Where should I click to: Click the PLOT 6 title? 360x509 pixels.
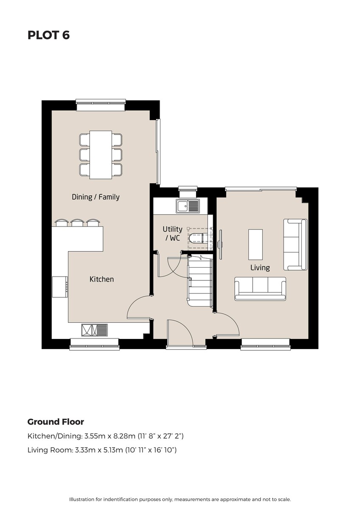(48, 35)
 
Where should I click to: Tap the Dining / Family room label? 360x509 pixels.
(96, 197)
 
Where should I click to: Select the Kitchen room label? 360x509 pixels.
(101, 279)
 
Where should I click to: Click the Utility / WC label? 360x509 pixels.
(172, 233)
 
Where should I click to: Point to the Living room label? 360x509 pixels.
(260, 268)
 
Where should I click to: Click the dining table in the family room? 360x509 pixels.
(101, 155)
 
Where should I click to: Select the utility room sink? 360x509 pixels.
(187, 206)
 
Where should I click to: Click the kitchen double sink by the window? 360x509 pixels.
(95, 330)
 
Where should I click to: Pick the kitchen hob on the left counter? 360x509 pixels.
(60, 287)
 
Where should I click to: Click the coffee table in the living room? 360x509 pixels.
(256, 244)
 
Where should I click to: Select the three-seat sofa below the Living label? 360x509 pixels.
(260, 288)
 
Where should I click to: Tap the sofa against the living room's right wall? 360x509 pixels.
(295, 244)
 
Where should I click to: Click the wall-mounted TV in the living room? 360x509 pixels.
(220, 244)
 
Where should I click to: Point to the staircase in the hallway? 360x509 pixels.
(200, 281)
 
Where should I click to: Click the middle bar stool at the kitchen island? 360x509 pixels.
(77, 223)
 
